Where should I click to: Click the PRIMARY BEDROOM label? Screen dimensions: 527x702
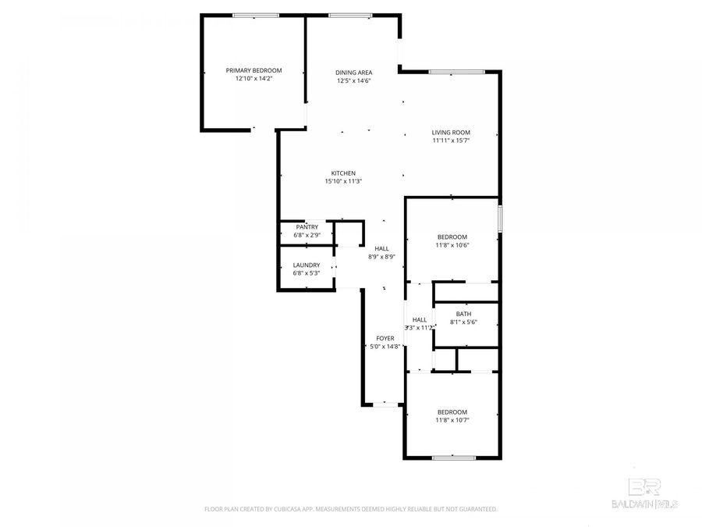pos(253,70)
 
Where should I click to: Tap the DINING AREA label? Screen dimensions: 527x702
pos(353,72)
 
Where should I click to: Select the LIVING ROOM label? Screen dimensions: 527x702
pos(451,133)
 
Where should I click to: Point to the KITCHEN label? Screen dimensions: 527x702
pos(343,173)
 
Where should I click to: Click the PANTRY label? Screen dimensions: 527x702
pos(307,227)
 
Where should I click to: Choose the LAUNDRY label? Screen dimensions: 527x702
pos(307,265)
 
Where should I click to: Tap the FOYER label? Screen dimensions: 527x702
pos(385,338)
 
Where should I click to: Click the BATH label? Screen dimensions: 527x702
pos(463,314)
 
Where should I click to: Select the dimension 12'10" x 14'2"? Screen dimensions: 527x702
pos(253,79)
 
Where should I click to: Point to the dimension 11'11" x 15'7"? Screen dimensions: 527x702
pos(451,141)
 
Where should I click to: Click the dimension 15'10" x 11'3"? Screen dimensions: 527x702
pos(343,181)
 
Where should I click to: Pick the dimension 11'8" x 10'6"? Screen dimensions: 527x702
pos(452,246)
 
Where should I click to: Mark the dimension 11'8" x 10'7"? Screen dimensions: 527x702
pos(452,420)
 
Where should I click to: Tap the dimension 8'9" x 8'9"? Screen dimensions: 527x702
pos(381,257)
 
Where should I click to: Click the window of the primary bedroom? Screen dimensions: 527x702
pos(256,15)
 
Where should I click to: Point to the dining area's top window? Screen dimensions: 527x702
pos(349,15)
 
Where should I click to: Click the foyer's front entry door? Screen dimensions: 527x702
pos(384,404)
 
